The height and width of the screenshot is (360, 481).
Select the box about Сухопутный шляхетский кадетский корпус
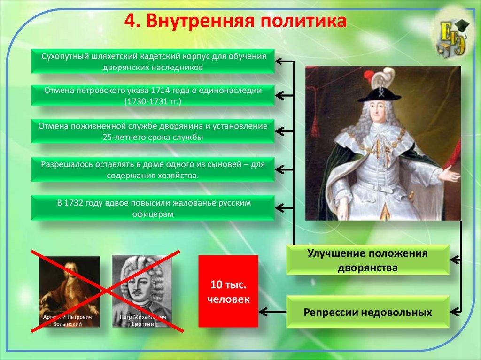pyautogui.click(x=153, y=61)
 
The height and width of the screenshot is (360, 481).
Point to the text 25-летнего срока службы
pyautogui.click(x=153, y=137)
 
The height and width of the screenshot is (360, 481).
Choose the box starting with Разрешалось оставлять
pyautogui.click(x=153, y=169)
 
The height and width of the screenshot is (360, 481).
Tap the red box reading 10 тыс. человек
pyautogui.click(x=228, y=291)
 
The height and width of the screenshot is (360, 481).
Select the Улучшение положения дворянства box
pyautogui.click(x=367, y=260)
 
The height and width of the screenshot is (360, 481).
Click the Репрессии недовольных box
pyautogui.click(x=367, y=312)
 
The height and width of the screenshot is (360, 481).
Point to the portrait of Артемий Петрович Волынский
pyautogui.click(x=70, y=291)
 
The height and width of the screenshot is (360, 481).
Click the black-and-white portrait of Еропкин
pyautogui.click(x=142, y=291)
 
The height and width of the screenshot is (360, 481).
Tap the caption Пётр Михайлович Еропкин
pyautogui.click(x=143, y=321)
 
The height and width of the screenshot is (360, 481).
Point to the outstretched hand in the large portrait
pyautogui.click(x=450, y=174)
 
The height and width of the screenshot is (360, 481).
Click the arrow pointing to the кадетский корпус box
pyautogui.click(x=284, y=61)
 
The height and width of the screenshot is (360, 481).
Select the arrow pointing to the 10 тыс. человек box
pyautogui.click(x=273, y=312)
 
